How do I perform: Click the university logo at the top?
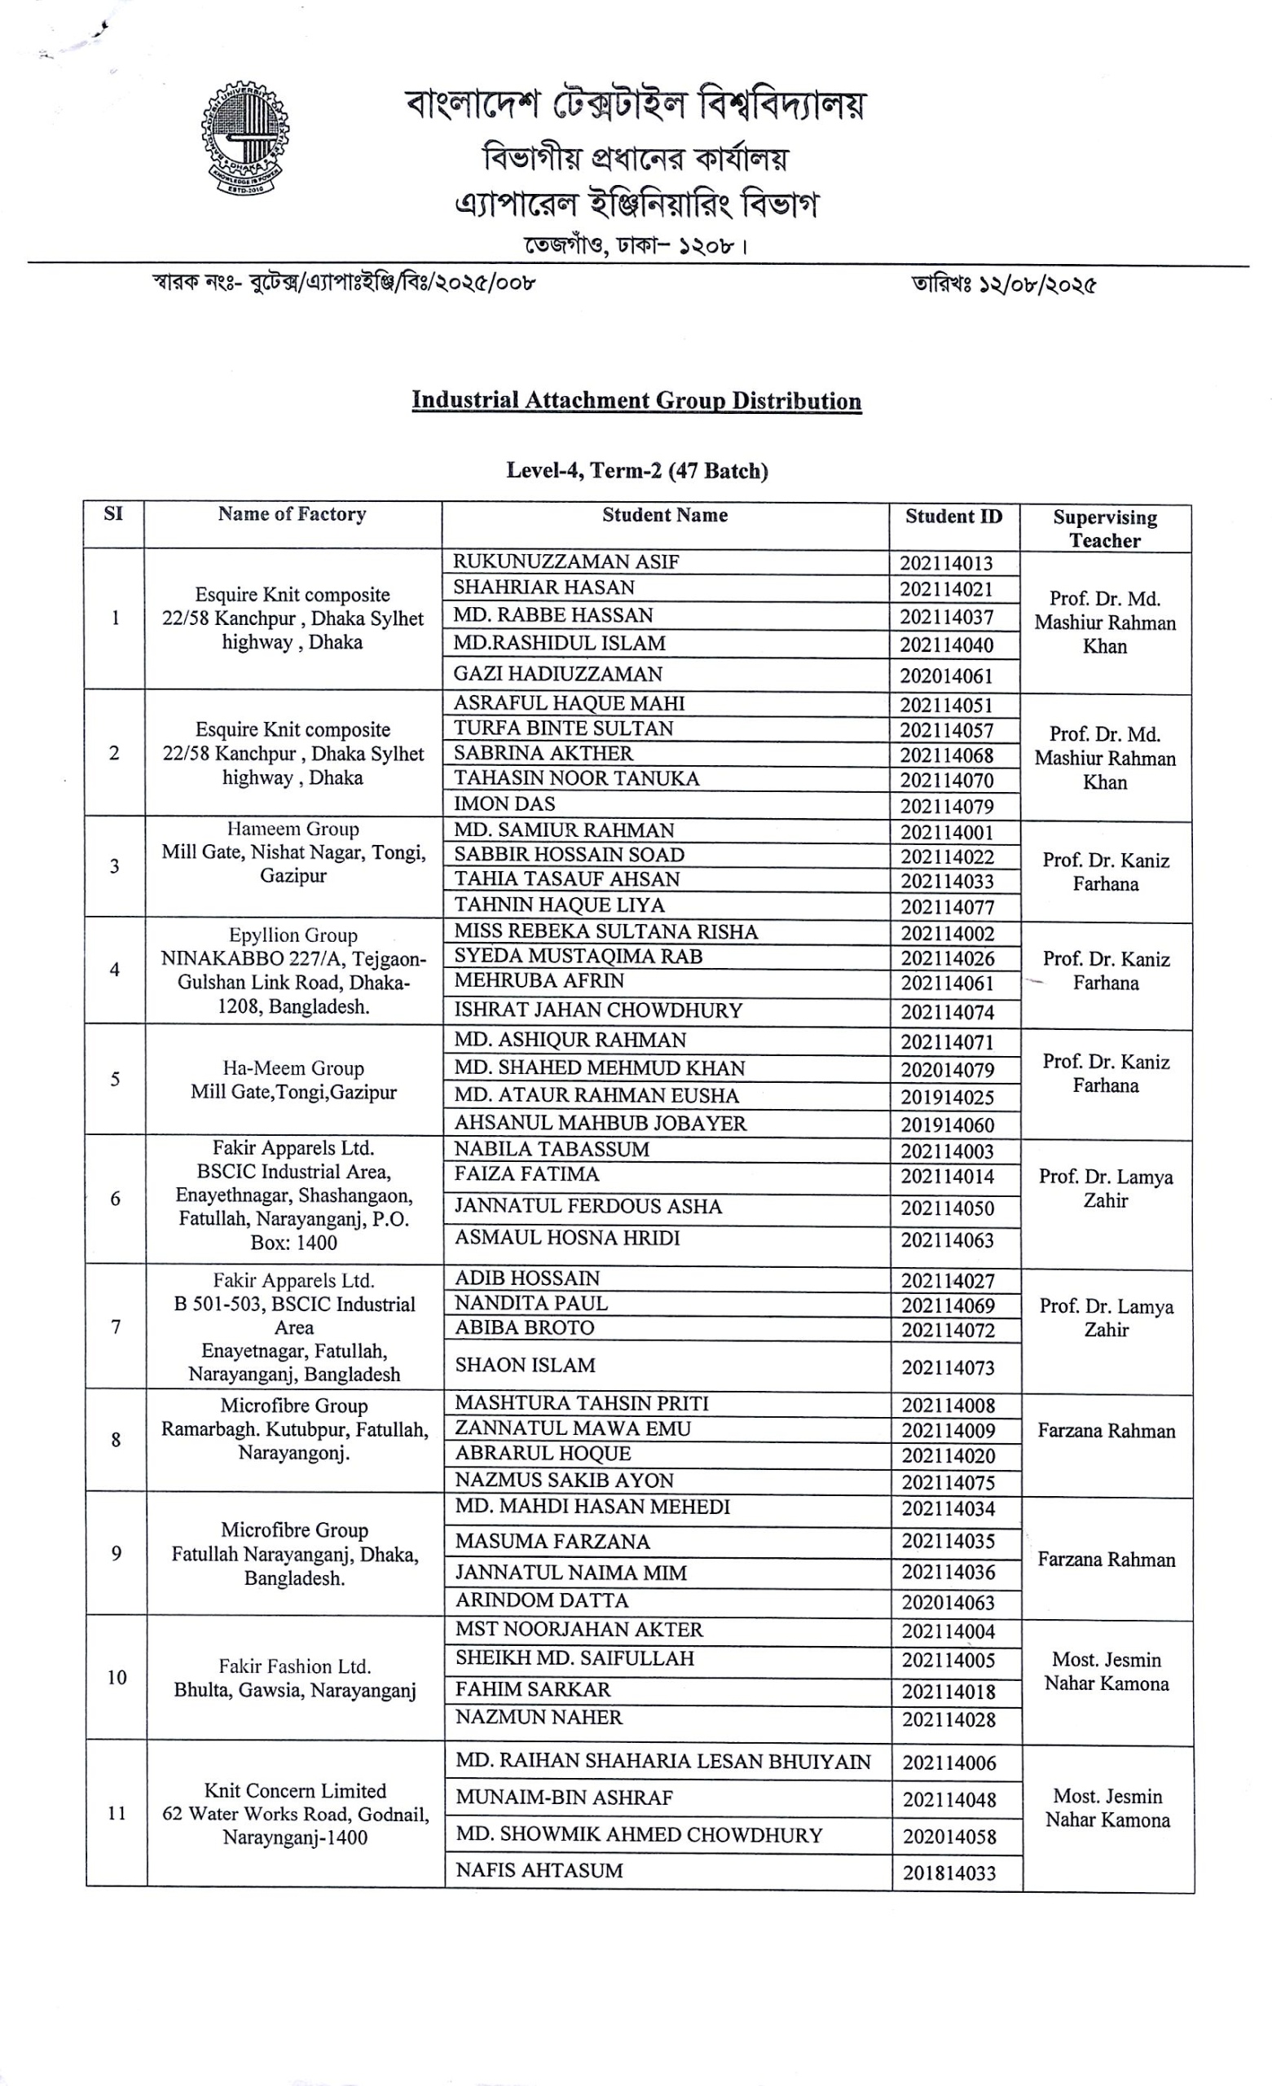[x=245, y=139]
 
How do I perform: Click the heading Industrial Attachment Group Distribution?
[x=636, y=400]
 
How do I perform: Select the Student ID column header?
[x=953, y=517]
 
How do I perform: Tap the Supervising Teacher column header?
[x=1104, y=528]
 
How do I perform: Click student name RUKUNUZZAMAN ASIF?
[x=566, y=561]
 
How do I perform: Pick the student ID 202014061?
[x=945, y=676]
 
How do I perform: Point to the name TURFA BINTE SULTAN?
[x=563, y=728]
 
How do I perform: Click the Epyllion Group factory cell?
[x=293, y=970]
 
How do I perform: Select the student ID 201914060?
[x=946, y=1125]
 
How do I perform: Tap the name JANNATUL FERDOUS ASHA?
[x=588, y=1207]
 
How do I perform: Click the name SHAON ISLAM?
[x=525, y=1365]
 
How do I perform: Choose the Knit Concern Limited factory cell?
[x=295, y=1813]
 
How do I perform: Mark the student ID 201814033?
[x=948, y=1873]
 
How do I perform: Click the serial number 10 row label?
[x=116, y=1677]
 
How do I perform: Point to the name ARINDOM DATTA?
[x=541, y=1600]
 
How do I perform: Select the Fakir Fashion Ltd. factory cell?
[x=295, y=1678]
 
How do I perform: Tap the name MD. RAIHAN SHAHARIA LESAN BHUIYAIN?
[x=662, y=1761]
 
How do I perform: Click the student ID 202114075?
[x=948, y=1482]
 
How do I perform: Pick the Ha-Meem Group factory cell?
[x=293, y=1080]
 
